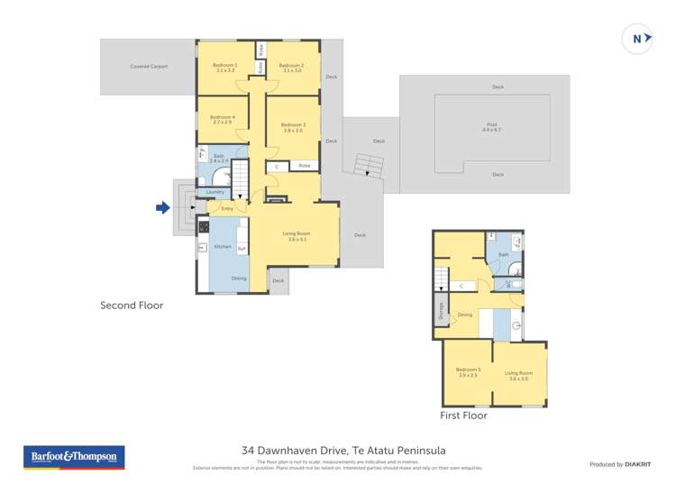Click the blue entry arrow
(162, 208)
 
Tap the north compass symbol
(637, 39)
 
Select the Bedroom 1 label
(224, 68)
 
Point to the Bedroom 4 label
(222, 119)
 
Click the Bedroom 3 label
(292, 127)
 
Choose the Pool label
(490, 127)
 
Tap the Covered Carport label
(149, 67)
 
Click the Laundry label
(215, 192)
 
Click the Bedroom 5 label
(467, 373)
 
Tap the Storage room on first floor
(441, 309)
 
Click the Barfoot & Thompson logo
(73, 457)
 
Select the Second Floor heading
(132, 306)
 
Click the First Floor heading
(463, 415)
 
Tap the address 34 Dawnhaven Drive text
(343, 451)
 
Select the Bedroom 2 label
(290, 68)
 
